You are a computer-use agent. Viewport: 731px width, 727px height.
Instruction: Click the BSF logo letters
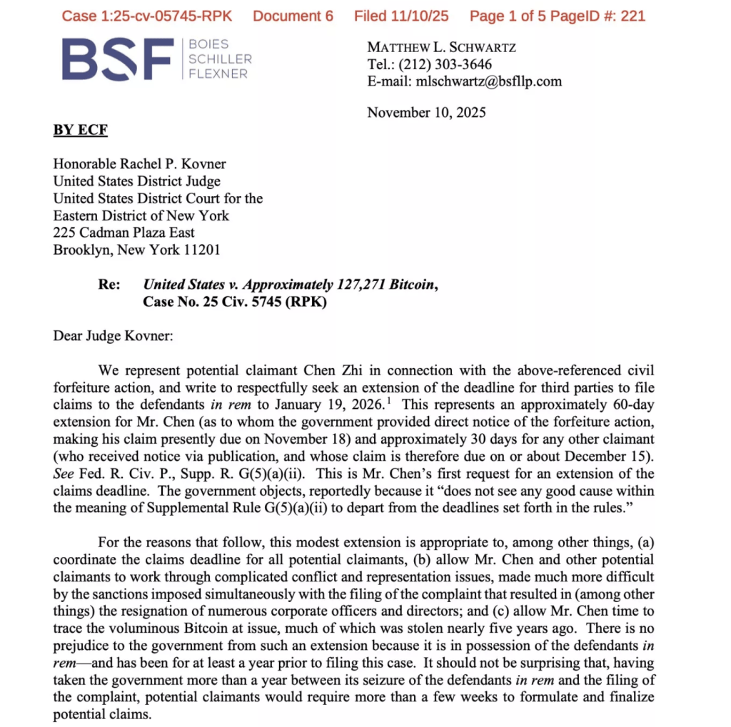click(x=118, y=59)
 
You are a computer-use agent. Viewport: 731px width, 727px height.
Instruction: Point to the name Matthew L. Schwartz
click(x=441, y=48)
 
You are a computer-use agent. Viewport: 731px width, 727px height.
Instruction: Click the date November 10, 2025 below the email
click(x=426, y=113)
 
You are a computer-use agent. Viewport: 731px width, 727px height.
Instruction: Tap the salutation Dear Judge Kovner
click(x=113, y=336)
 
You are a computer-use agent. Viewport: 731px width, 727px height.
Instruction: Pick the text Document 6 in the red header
click(x=293, y=16)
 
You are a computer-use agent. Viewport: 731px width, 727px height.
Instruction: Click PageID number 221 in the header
click(x=632, y=16)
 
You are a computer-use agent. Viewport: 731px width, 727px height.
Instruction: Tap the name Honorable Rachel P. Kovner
click(x=140, y=164)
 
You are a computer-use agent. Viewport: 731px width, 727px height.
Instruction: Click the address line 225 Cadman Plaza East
click(x=124, y=233)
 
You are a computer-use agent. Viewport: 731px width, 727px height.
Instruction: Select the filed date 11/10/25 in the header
click(x=423, y=16)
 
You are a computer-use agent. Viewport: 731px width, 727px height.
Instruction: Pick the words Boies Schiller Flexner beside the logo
click(x=218, y=59)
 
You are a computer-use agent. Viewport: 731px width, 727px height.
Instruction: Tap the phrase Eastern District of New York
click(x=141, y=215)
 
